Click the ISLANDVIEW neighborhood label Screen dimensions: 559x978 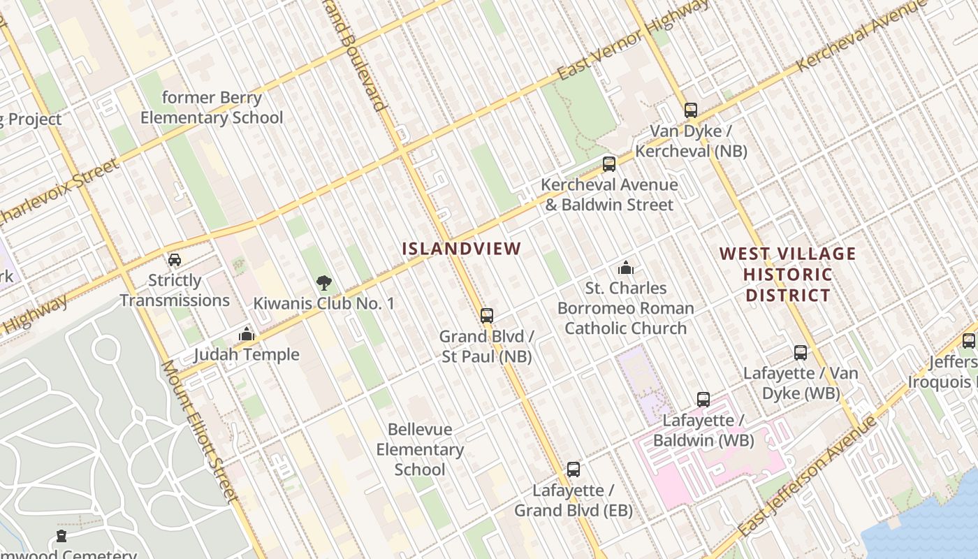tap(462, 248)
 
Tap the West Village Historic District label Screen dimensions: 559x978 tap(787, 274)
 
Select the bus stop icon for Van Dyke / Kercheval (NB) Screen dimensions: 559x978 tap(691, 110)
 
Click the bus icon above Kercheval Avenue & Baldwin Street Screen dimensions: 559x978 tap(609, 164)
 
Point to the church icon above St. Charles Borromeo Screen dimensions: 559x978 tap(626, 268)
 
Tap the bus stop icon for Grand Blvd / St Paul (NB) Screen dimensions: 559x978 tap(487, 316)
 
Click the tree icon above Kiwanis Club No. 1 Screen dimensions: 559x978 tap(323, 283)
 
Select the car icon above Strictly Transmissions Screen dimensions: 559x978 tap(175, 260)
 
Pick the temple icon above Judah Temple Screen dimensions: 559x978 tap(246, 334)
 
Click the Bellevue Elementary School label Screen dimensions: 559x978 tap(420, 449)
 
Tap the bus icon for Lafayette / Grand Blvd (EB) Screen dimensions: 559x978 tap(574, 470)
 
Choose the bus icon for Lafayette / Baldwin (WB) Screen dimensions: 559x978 tap(703, 400)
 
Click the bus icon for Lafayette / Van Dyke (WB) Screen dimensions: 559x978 tap(801, 353)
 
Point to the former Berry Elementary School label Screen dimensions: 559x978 tap(212, 108)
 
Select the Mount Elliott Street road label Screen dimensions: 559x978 tap(200, 431)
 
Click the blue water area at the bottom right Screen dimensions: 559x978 tap(929, 524)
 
